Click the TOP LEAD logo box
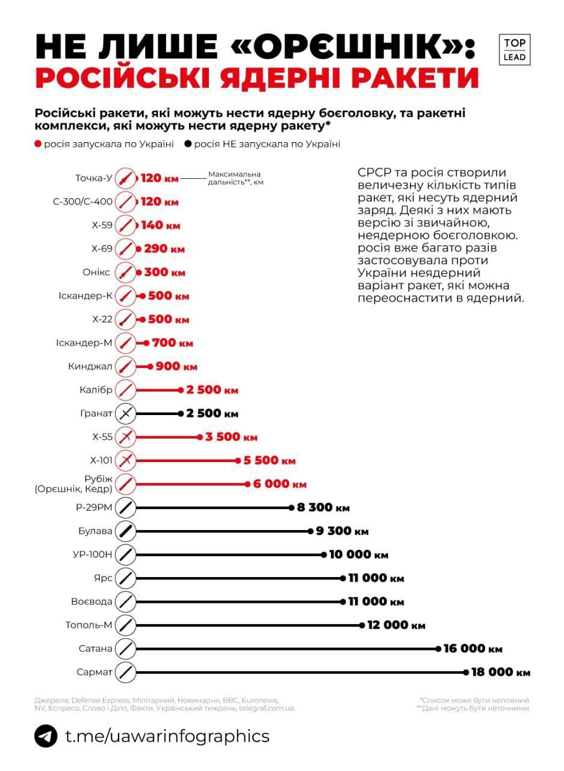click(x=515, y=50)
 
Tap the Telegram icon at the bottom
click(x=46, y=736)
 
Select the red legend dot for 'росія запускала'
click(x=39, y=144)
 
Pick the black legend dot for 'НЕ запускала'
click(x=188, y=144)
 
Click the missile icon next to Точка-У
click(x=125, y=178)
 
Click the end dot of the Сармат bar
click(x=466, y=672)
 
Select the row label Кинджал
click(x=96, y=366)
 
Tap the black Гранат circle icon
click(x=125, y=413)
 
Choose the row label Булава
click(x=95, y=531)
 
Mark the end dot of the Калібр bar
click(x=181, y=390)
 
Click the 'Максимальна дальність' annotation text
click(x=235, y=178)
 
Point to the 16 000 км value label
click(x=473, y=649)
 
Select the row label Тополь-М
click(x=89, y=625)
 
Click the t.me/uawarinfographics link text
click(x=167, y=736)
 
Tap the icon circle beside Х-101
click(x=125, y=460)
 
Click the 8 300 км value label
click(x=323, y=508)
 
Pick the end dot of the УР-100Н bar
click(x=324, y=554)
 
